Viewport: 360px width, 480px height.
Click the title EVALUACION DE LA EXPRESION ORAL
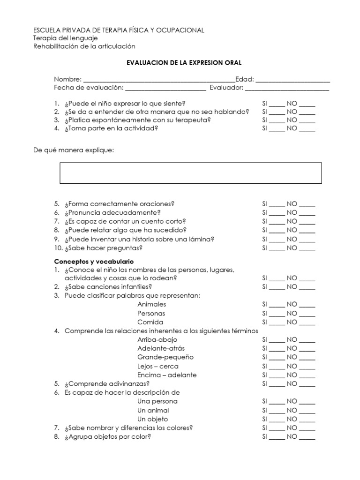[x=184, y=62]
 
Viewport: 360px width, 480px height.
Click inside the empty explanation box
[x=191, y=173]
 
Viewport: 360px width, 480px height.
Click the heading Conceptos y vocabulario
[x=94, y=261]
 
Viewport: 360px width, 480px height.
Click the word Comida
[x=150, y=322]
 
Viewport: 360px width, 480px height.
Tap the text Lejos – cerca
[x=157, y=366]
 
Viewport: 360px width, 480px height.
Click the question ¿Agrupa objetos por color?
[x=108, y=436]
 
